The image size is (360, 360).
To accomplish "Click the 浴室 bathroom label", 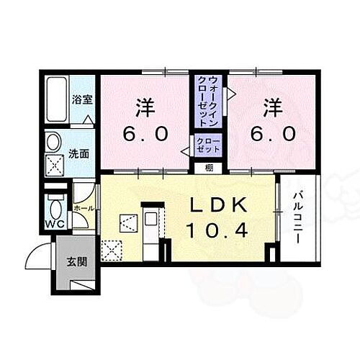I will pos(82,102).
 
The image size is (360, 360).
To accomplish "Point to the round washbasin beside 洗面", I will pos(54,142).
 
